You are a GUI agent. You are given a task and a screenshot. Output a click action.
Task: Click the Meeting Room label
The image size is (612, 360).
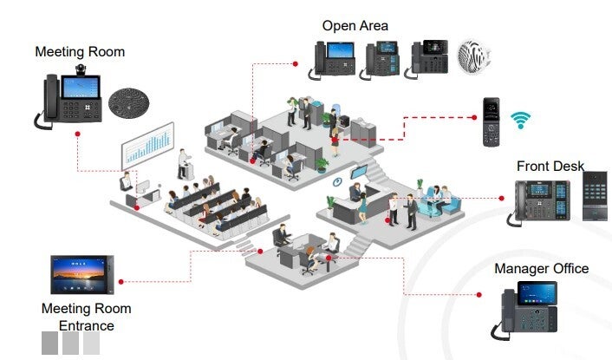[80, 52]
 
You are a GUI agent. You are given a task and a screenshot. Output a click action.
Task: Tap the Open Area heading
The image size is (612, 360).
[355, 26]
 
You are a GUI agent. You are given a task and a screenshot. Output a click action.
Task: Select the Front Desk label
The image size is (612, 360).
[550, 166]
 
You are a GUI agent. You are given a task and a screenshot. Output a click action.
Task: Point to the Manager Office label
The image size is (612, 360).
[542, 269]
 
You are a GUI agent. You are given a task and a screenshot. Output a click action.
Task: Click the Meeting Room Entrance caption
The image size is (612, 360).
[87, 317]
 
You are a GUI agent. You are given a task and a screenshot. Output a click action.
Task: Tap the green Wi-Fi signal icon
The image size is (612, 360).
[520, 120]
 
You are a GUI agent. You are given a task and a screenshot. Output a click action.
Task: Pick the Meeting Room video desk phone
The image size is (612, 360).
[73, 98]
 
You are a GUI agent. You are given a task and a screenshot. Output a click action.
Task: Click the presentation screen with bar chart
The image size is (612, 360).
[147, 147]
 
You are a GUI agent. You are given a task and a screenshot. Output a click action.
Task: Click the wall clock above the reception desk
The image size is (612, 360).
[337, 181]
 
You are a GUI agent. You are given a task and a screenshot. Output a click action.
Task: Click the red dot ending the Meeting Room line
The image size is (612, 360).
[78, 134]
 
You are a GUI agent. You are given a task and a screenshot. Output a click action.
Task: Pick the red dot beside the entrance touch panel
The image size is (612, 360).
[120, 281]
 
